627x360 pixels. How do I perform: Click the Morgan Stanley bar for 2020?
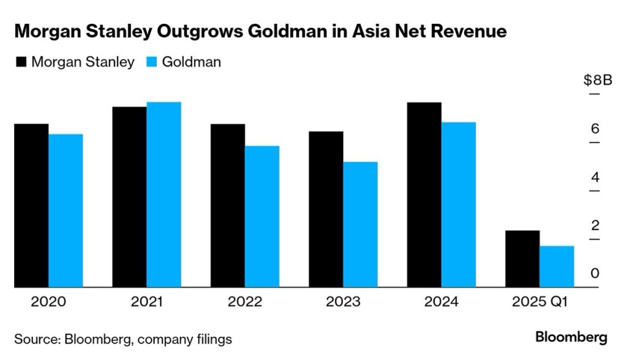31,205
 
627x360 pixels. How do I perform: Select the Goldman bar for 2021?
163,194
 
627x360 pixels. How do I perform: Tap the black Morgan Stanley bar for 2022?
228,205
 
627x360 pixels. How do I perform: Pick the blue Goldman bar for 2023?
360,224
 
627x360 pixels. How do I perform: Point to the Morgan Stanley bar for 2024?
424,194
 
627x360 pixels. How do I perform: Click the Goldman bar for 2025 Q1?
557,266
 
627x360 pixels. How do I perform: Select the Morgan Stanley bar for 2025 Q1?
522,258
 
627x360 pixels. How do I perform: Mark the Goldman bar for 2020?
66,210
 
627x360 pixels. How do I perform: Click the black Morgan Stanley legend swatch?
20,62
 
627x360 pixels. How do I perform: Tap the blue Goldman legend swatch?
151,62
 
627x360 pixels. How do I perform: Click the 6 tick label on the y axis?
595,129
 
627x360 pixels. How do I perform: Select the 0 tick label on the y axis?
595,273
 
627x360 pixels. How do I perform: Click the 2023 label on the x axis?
343,302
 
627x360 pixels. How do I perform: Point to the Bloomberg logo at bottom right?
571,337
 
